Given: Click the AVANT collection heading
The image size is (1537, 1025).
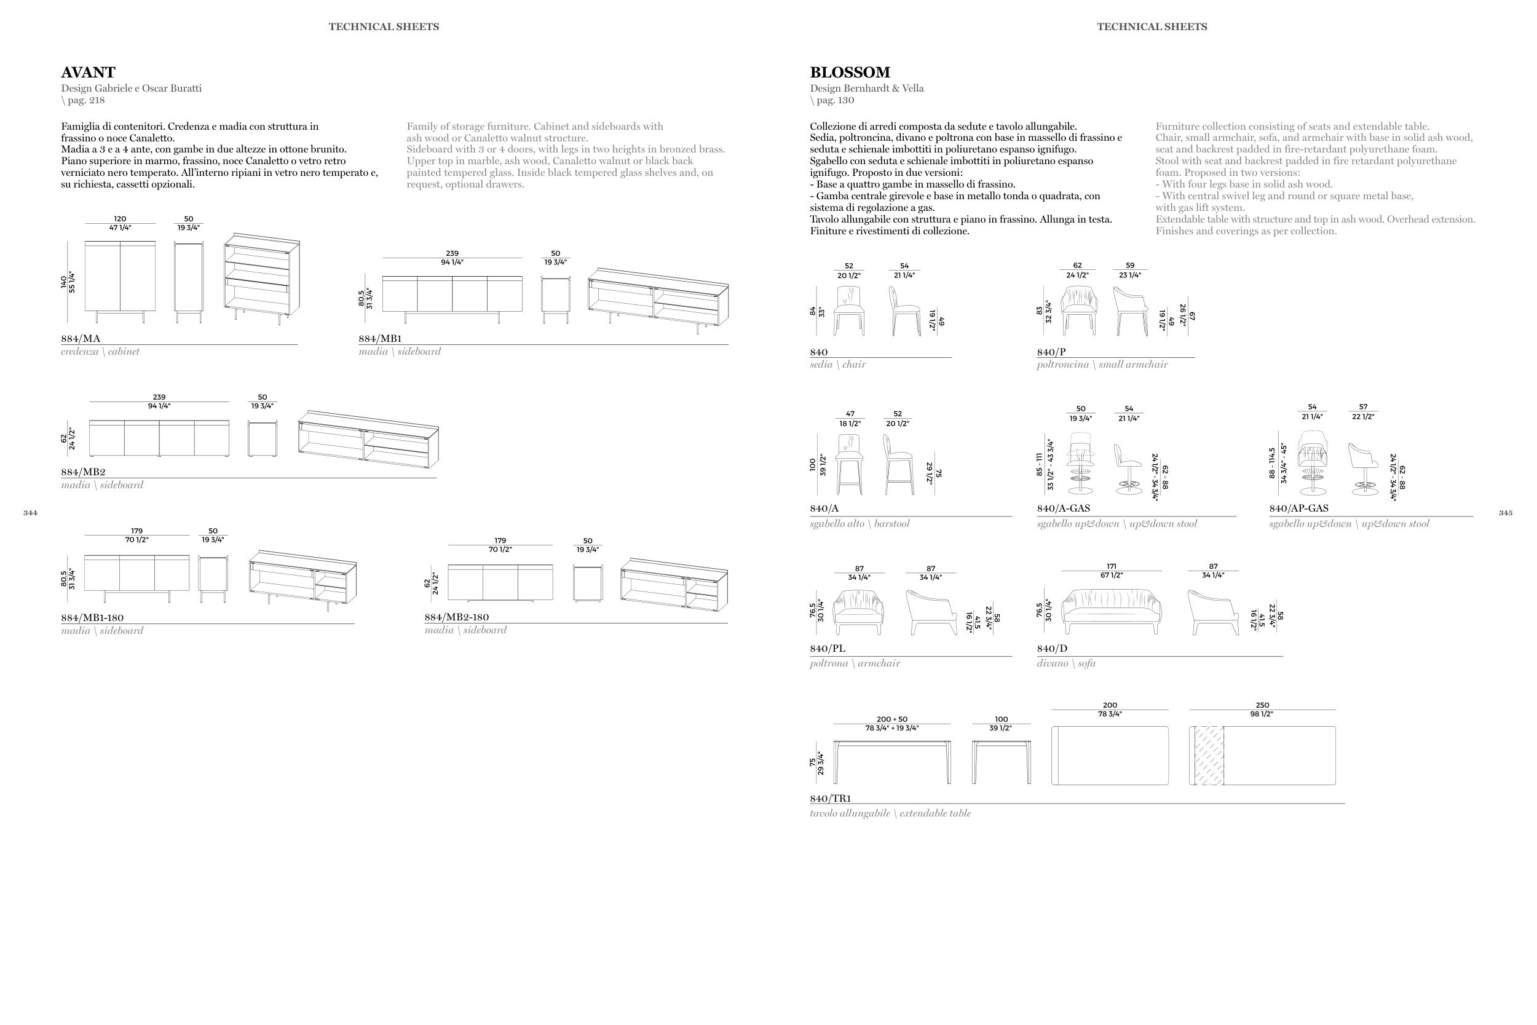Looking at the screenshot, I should [x=88, y=73].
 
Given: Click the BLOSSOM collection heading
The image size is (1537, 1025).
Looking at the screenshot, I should [x=850, y=73].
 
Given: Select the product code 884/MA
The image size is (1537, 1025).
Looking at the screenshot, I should [x=81, y=339].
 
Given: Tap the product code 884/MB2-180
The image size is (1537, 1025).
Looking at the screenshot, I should [x=456, y=617].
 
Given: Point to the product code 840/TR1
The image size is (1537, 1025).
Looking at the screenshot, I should [x=830, y=798].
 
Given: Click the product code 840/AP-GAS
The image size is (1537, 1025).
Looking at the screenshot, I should [x=1298, y=508].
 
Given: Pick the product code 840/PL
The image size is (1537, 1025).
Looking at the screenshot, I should [x=828, y=649].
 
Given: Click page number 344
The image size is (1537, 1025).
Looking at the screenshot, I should [x=30, y=513].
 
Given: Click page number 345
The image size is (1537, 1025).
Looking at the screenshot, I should [x=1506, y=513].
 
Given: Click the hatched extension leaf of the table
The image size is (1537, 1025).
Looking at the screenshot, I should [x=1208, y=755].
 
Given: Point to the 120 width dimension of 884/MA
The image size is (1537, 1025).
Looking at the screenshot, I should [x=121, y=219].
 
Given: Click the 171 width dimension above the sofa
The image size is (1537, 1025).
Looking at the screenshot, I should [x=1112, y=566].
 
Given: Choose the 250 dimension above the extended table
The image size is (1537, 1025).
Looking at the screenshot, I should [x=1262, y=705].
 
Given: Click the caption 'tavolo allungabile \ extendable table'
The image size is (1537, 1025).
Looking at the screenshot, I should [x=890, y=813].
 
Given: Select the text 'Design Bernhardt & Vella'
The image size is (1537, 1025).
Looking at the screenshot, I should [x=866, y=89].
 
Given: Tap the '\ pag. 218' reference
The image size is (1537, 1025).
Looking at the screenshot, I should [x=83, y=100].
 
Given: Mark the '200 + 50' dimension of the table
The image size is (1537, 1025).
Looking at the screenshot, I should [x=891, y=719].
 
